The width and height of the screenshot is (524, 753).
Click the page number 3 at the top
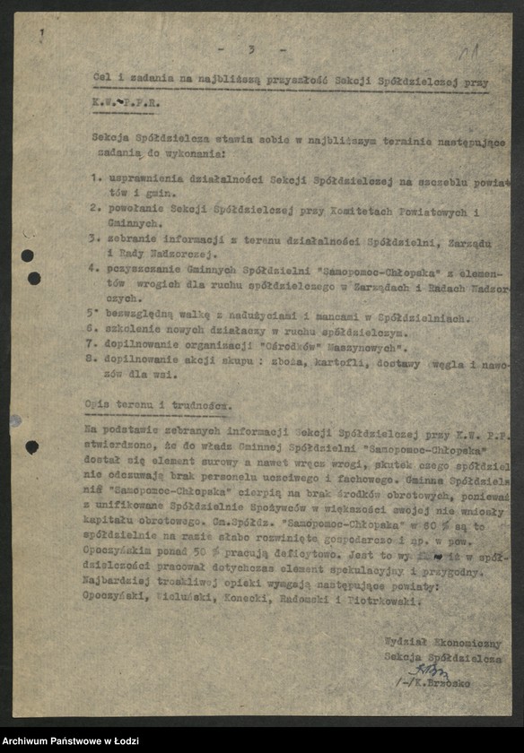(x=251, y=49)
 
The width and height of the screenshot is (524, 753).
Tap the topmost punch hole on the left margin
(x=27, y=255)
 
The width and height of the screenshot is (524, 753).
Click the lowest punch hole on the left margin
(x=31, y=446)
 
